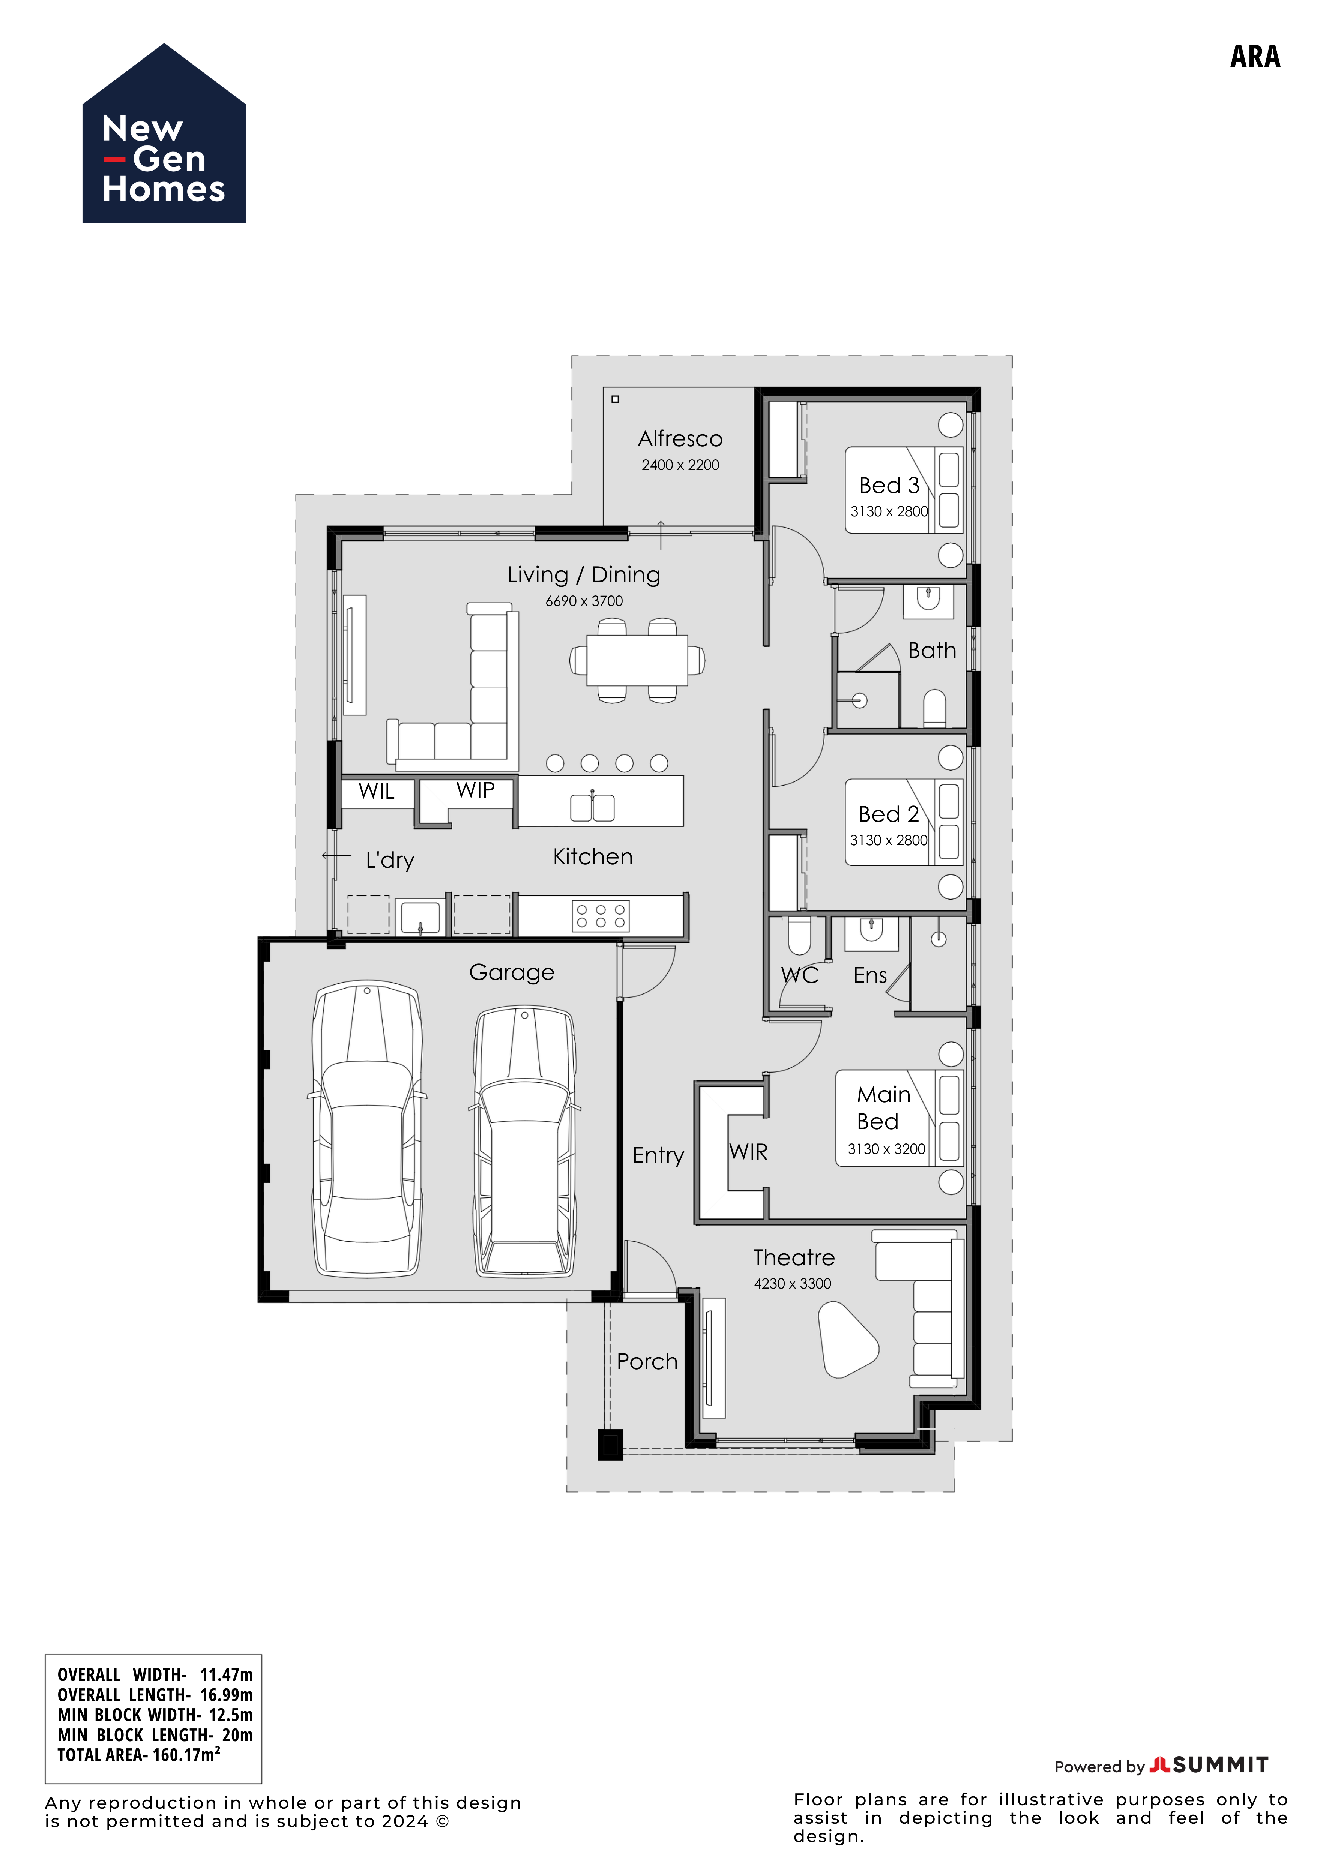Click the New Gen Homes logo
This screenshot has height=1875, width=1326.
[x=164, y=133]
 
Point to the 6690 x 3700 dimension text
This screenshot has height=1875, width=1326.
[x=584, y=601]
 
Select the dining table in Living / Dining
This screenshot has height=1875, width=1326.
[x=637, y=661]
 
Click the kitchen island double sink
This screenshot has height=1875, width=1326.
[x=592, y=807]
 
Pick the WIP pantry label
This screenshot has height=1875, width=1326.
[x=476, y=790]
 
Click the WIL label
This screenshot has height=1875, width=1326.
[x=377, y=791]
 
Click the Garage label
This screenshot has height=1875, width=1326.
[x=511, y=973]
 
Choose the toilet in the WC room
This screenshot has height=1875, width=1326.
[x=798, y=936]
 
